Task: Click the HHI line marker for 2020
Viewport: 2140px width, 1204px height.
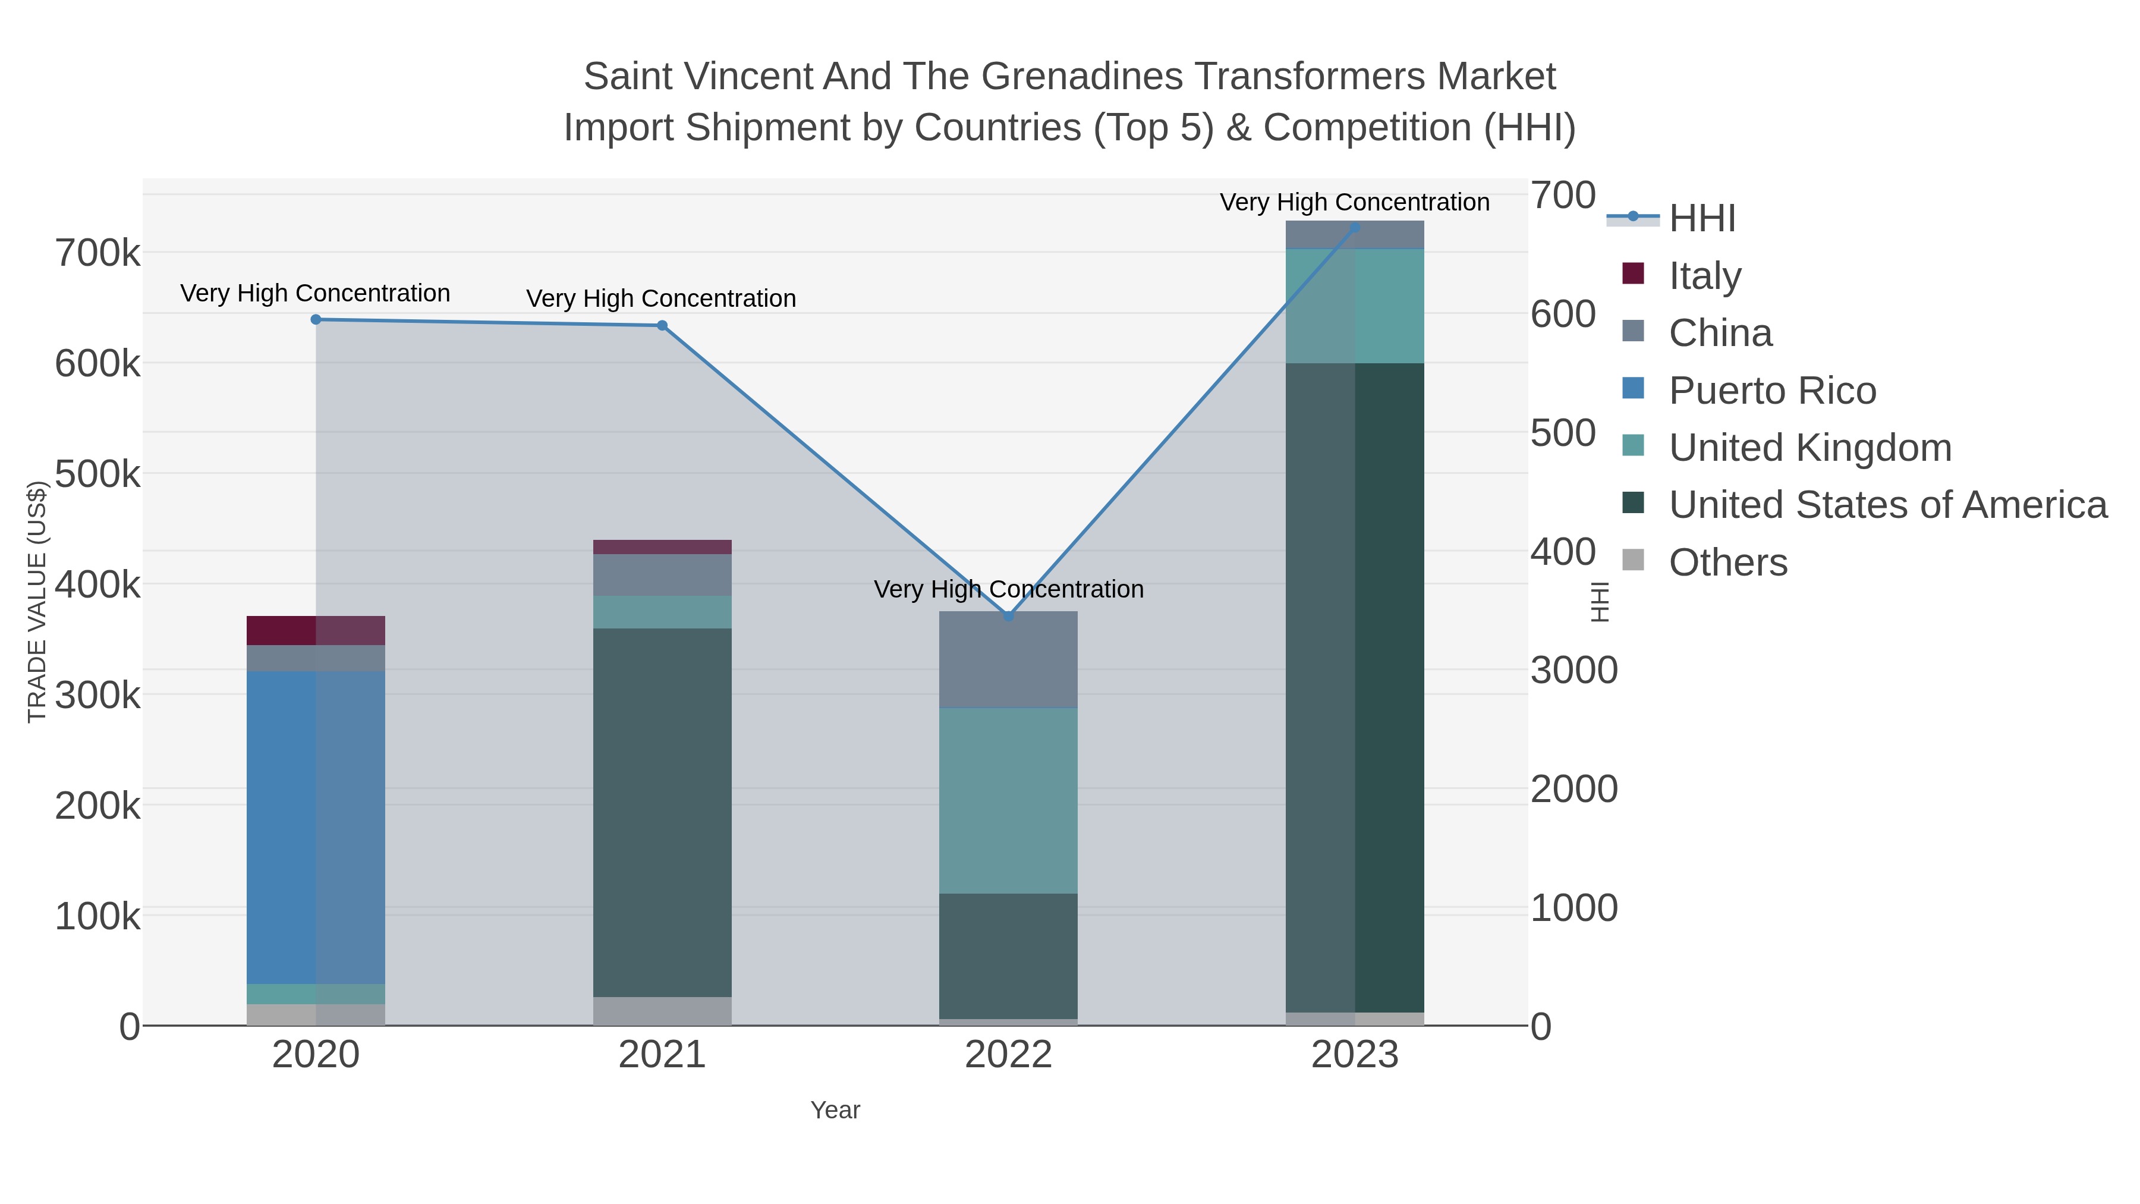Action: [x=316, y=320]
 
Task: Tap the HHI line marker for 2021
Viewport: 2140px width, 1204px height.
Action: [x=662, y=326]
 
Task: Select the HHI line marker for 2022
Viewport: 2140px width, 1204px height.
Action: [x=1009, y=616]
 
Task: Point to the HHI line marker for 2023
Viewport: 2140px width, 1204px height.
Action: [x=1355, y=227]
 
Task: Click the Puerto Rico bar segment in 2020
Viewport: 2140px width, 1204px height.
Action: [x=316, y=827]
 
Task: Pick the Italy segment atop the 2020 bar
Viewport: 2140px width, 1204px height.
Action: [x=316, y=631]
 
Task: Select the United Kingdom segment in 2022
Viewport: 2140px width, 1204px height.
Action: [x=1009, y=800]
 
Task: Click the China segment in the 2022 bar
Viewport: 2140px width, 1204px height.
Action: [x=1009, y=660]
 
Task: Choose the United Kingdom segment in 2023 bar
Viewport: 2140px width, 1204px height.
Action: [x=1355, y=306]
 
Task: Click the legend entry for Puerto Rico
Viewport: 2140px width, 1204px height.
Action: [x=1772, y=391]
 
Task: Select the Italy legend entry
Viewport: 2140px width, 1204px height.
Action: [x=1705, y=276]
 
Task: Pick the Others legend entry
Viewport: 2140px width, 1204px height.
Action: [x=1728, y=562]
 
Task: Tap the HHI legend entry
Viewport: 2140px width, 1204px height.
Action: [x=1702, y=219]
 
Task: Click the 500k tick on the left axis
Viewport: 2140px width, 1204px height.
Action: [x=97, y=474]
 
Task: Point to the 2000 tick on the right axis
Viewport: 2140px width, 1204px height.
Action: [x=1573, y=790]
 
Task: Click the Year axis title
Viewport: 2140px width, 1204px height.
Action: [x=835, y=1110]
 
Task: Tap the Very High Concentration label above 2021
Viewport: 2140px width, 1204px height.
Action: [x=661, y=298]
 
